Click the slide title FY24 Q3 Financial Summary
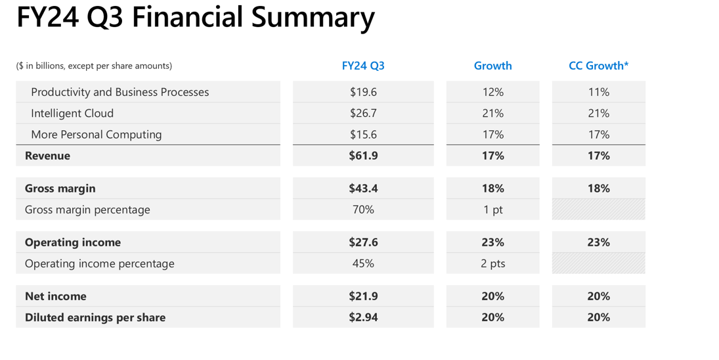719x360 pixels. (x=195, y=18)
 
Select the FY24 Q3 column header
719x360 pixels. (x=363, y=66)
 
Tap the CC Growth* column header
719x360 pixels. (x=598, y=66)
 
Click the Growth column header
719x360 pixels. (x=492, y=66)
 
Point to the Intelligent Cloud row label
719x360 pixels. (x=72, y=113)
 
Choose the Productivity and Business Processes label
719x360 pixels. (x=120, y=92)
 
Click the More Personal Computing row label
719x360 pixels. (x=96, y=135)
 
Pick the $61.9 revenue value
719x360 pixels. (x=363, y=156)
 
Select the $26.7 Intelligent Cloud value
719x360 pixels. (x=363, y=113)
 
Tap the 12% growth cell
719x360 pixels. (x=492, y=92)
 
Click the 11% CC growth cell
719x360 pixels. (x=598, y=92)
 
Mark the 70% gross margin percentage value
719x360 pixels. (x=363, y=210)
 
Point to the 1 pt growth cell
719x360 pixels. (x=492, y=210)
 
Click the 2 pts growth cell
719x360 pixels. (x=492, y=263)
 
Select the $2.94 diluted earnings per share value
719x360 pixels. (x=363, y=317)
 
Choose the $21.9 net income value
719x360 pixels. (x=363, y=296)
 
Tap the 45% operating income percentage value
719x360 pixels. (x=363, y=263)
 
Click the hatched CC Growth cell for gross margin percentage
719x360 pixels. (x=598, y=210)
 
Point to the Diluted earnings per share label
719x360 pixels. (x=95, y=317)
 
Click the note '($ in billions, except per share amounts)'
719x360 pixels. (x=94, y=66)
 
